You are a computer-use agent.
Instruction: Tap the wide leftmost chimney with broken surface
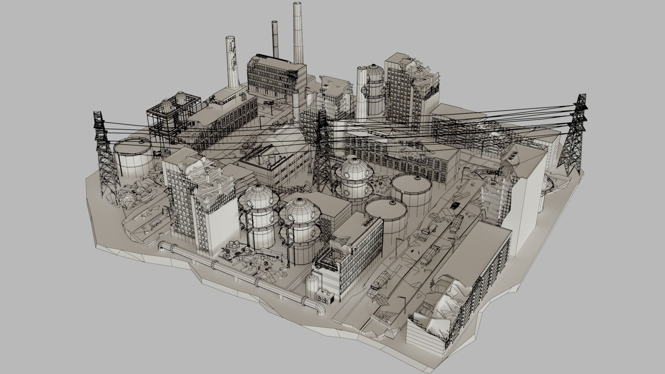(232, 62)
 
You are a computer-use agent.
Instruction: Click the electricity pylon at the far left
(104, 156)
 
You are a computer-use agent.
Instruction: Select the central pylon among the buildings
(322, 152)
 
